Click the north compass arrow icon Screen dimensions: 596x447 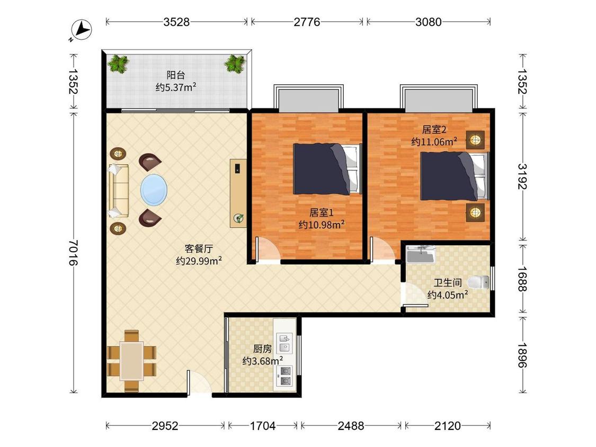click(82, 30)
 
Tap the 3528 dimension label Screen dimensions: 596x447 click(176, 22)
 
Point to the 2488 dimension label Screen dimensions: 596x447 click(351, 426)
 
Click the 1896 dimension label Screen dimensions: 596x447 click(522, 355)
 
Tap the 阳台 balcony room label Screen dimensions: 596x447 click(175, 75)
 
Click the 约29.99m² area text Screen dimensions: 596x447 click(199, 261)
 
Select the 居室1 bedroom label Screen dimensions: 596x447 click(322, 212)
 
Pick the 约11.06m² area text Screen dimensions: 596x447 click(434, 142)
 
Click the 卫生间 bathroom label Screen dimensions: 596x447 click(448, 282)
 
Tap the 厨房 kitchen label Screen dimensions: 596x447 click(263, 348)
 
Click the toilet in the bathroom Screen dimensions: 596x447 click(478, 282)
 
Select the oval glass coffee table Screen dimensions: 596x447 click(154, 190)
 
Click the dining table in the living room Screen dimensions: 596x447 click(131, 361)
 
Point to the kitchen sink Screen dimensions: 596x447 click(285, 343)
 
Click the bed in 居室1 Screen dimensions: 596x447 click(327, 169)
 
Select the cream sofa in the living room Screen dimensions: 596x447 click(119, 191)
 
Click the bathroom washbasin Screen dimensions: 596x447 click(421, 254)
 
